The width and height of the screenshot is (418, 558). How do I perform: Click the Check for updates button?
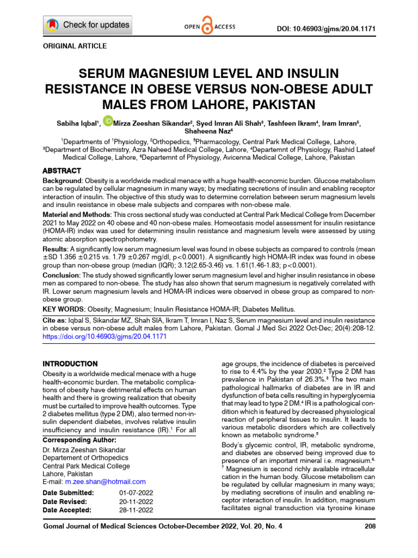point(88,25)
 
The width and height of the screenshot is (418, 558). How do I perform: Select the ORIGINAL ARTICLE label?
point(75,46)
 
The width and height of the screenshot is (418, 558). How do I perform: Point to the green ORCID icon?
point(108,120)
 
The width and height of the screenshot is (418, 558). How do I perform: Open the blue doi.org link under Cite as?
point(104,337)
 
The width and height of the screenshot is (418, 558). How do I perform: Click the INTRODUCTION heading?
point(70,363)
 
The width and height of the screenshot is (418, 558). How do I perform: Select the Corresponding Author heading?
point(79,440)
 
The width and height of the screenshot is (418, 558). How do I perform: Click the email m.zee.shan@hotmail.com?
point(105,482)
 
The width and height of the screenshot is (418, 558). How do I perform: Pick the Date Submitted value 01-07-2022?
point(136,493)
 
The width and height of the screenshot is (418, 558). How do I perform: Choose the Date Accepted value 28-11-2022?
point(136,510)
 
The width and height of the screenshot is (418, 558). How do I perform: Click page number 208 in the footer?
point(368,527)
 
